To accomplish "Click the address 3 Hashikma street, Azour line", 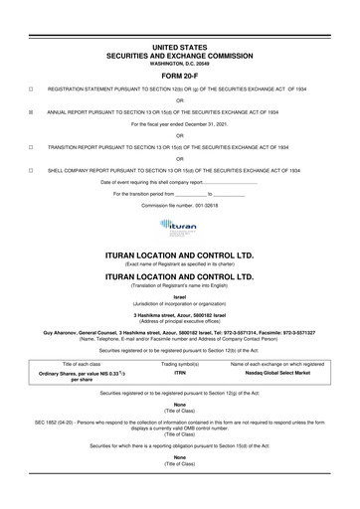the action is [180, 313].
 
